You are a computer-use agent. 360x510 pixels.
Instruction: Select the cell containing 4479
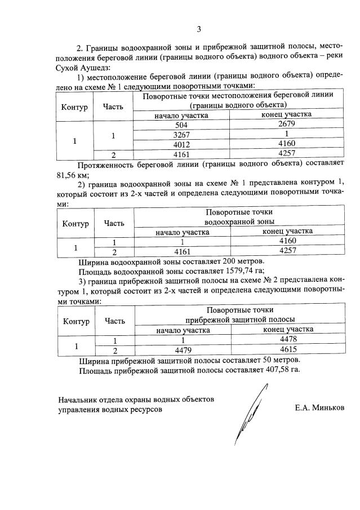coord(183,350)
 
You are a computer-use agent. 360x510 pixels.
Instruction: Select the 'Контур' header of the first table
coord(75,107)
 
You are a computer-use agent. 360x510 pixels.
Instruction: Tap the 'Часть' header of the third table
coord(114,321)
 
